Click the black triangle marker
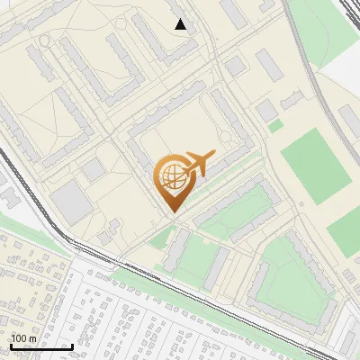click(x=181, y=24)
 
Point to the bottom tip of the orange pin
click(x=171, y=212)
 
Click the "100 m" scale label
click(x=24, y=338)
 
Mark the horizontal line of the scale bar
click(x=41, y=347)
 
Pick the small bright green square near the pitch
click(x=275, y=126)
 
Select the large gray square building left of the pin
click(x=70, y=202)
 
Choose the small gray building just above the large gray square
click(x=94, y=168)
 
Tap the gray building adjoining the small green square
click(x=265, y=111)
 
